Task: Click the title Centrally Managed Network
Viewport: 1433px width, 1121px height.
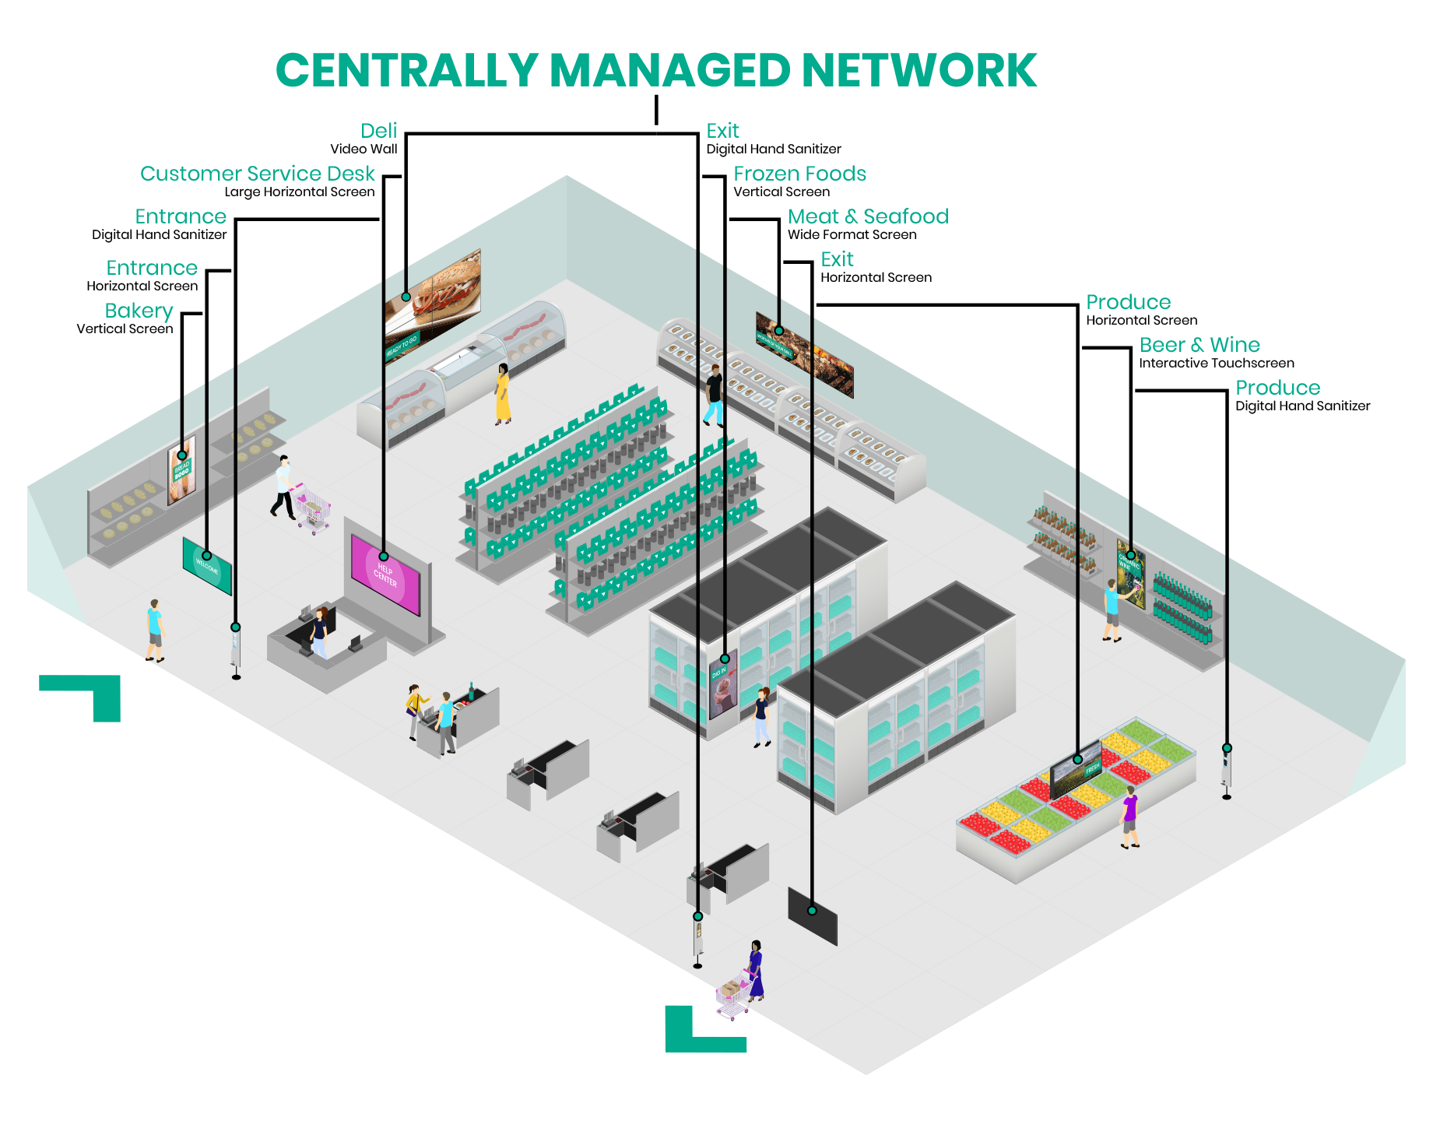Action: coord(655,71)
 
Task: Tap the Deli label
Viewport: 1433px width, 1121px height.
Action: coord(379,131)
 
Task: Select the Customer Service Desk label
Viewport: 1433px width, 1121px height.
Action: coord(257,174)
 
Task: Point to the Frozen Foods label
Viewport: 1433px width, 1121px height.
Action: coord(799,174)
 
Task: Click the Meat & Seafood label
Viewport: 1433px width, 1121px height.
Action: coord(868,216)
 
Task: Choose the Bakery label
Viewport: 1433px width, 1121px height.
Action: coord(139,311)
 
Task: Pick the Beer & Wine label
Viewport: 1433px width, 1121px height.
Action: coord(1199,345)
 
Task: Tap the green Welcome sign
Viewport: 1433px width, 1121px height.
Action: coord(207,566)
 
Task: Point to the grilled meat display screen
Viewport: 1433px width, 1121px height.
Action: coord(805,354)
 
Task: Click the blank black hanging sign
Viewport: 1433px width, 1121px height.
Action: coord(813,915)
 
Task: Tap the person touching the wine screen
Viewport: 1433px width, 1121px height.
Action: coord(1112,610)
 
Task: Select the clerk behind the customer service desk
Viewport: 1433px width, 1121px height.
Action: coord(319,631)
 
